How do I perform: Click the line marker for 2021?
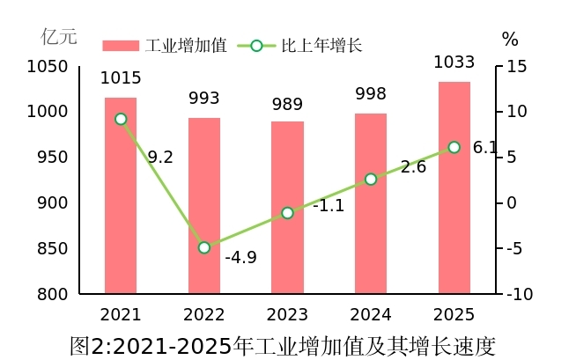pos(121,119)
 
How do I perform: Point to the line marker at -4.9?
pos(204,247)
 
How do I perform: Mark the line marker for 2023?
pos(287,213)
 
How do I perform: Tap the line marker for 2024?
pos(371,179)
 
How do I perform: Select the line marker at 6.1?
pos(454,147)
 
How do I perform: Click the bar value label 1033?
pos(454,62)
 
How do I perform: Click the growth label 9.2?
pos(160,158)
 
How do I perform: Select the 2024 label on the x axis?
pos(371,314)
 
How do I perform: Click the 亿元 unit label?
pos(59,37)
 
